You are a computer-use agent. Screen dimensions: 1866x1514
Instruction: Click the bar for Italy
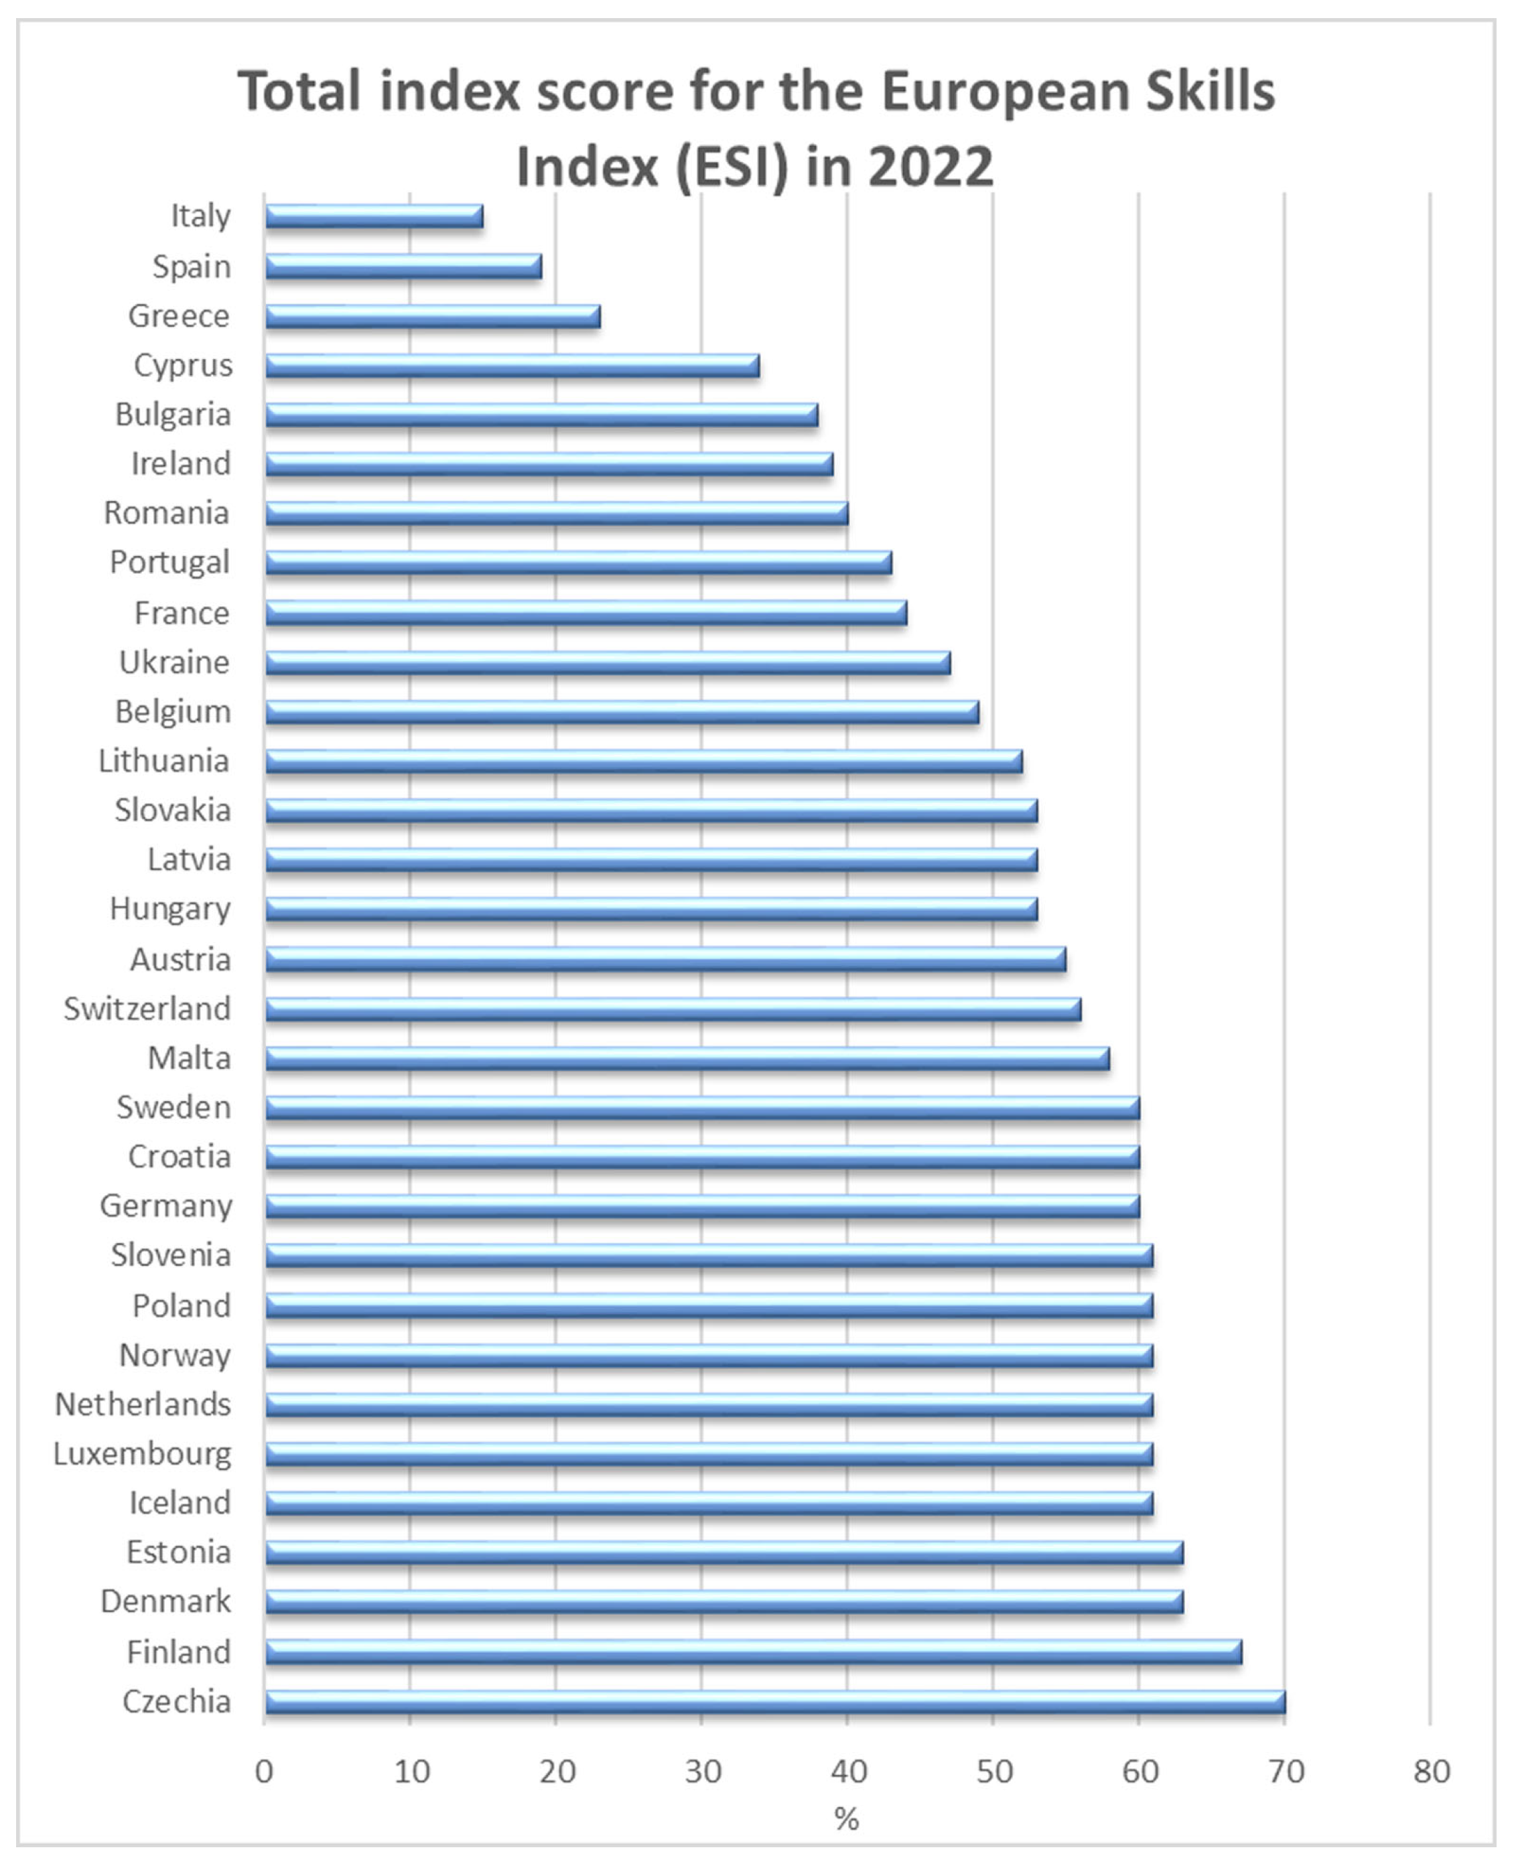373,216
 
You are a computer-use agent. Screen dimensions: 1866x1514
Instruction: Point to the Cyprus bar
512,365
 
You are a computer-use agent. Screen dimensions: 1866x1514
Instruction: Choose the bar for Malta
687,1058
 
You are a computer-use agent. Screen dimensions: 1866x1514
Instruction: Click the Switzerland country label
147,1009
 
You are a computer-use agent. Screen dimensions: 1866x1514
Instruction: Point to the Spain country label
191,266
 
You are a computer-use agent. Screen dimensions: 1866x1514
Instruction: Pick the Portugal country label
170,563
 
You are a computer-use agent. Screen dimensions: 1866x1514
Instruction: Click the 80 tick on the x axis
1431,1772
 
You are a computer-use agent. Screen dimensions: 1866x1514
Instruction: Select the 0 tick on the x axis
264,1772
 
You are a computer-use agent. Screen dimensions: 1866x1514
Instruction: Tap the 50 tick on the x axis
993,1772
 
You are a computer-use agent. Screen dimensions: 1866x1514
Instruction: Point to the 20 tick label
557,1772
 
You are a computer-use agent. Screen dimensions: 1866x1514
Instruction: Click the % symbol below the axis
846,1819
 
